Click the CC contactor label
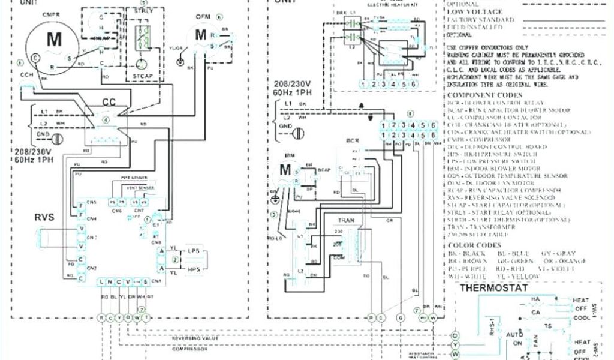point(109,103)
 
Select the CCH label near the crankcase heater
point(26,76)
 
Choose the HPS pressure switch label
point(194,270)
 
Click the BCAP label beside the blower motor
point(324,170)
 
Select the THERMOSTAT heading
point(494,288)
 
